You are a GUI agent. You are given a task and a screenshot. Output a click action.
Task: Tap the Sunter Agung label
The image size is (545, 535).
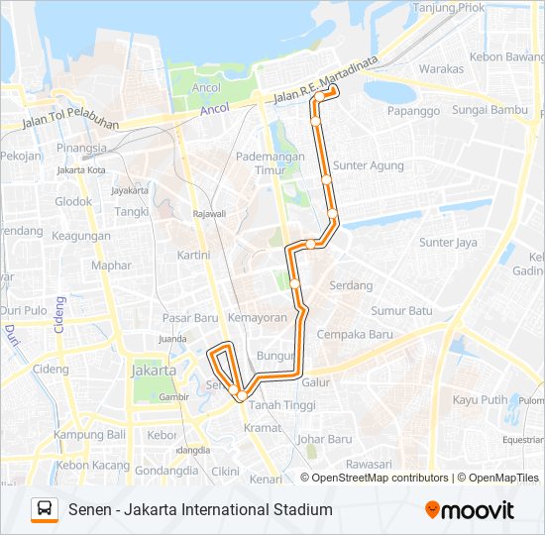pyautogui.click(x=370, y=165)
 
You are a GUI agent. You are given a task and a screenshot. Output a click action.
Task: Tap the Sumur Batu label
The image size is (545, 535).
pyautogui.click(x=402, y=311)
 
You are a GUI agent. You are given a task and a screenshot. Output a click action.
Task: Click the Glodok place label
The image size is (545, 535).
pyautogui.click(x=73, y=201)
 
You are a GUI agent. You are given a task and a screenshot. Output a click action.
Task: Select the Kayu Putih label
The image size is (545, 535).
pyautogui.click(x=481, y=399)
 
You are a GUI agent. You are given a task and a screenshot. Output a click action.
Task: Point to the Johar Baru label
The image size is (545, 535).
pyautogui.click(x=325, y=439)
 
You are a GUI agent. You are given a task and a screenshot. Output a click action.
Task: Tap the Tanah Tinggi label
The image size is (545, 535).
pyautogui.click(x=282, y=405)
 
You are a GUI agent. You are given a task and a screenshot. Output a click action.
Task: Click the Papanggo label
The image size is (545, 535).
pyautogui.click(x=413, y=111)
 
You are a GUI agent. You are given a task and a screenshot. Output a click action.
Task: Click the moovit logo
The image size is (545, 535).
pyautogui.click(x=470, y=510)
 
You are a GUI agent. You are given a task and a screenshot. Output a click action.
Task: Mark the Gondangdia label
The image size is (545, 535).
pyautogui.click(x=166, y=471)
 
